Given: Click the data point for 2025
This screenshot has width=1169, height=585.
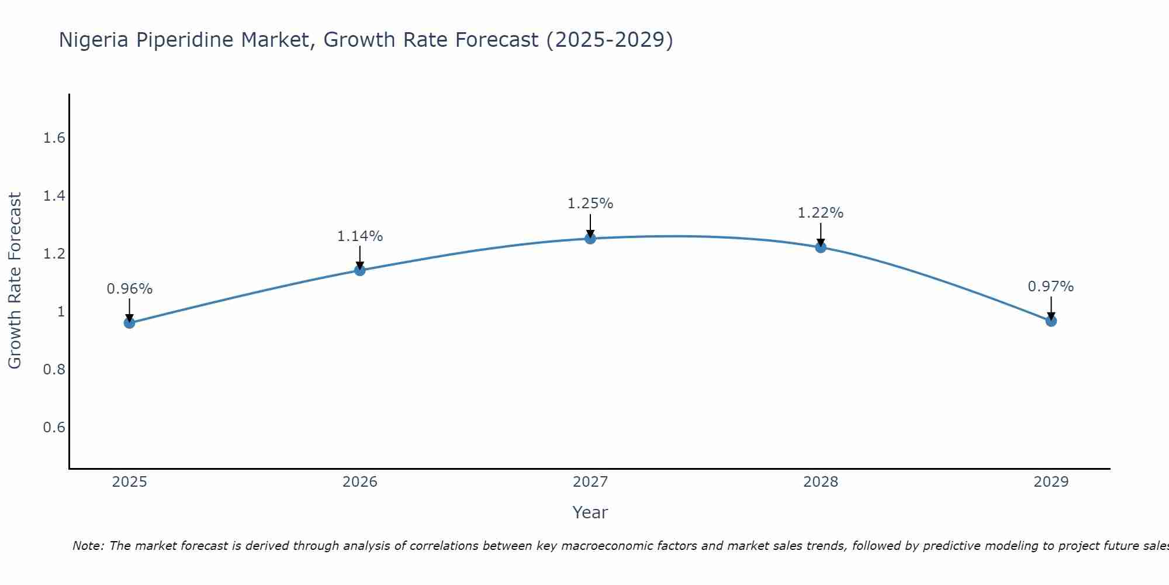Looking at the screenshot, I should tap(130, 323).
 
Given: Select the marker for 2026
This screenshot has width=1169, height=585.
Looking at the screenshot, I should tap(360, 270).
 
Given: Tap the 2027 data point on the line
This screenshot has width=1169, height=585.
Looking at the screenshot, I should tap(590, 238).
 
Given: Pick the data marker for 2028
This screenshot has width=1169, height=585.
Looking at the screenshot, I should tap(821, 247).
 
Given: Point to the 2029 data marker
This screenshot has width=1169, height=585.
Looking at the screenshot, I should tap(1051, 321).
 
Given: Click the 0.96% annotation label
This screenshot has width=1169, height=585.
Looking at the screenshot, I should tap(130, 289).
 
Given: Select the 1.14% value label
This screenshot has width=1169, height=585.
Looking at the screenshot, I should tap(360, 236).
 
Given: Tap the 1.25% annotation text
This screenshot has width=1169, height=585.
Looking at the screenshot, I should tap(590, 204).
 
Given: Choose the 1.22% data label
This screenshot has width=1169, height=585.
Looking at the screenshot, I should tap(821, 213).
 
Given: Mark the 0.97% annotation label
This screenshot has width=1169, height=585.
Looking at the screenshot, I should tap(1051, 287).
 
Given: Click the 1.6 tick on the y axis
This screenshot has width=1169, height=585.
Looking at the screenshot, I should tap(54, 138).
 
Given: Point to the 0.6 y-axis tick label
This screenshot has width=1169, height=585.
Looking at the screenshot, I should tap(54, 428).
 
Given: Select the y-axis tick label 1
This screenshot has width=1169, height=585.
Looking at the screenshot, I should tap(61, 312).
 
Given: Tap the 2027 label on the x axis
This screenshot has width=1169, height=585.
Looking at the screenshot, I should tap(590, 482).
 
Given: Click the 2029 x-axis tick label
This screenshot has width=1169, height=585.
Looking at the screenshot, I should tap(1051, 482).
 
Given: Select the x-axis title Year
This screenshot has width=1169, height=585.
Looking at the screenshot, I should tap(590, 512).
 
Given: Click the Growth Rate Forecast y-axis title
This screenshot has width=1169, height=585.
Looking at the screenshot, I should tap(15, 281).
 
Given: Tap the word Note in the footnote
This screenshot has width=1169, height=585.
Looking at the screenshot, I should tap(88, 546).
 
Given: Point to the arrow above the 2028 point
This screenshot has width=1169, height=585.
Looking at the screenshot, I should tap(821, 234).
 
